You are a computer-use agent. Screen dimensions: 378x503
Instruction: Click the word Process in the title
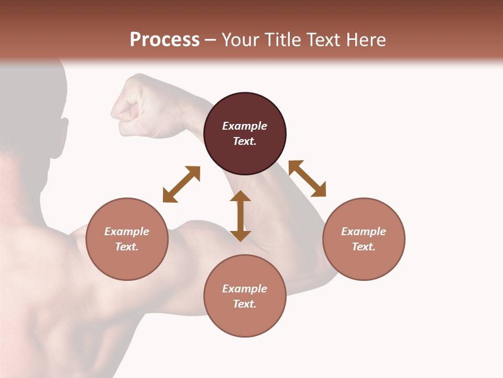pyautogui.click(x=165, y=40)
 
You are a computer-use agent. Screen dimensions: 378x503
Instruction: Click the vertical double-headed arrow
pyautogui.click(x=240, y=216)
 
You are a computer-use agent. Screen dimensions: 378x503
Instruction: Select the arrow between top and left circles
pyautogui.click(x=181, y=184)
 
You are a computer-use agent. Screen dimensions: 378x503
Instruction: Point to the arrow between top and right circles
pyautogui.click(x=307, y=178)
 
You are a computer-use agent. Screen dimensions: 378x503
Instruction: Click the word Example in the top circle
pyautogui.click(x=245, y=126)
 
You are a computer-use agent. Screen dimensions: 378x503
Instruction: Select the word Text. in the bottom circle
pyautogui.click(x=245, y=304)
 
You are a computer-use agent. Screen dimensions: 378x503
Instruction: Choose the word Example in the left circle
pyautogui.click(x=127, y=232)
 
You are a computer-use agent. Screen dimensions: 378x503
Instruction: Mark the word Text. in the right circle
pyautogui.click(x=364, y=247)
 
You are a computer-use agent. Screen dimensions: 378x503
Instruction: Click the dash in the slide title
pyautogui.click(x=211, y=40)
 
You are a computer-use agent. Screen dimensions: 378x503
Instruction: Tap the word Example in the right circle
pyautogui.click(x=364, y=232)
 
